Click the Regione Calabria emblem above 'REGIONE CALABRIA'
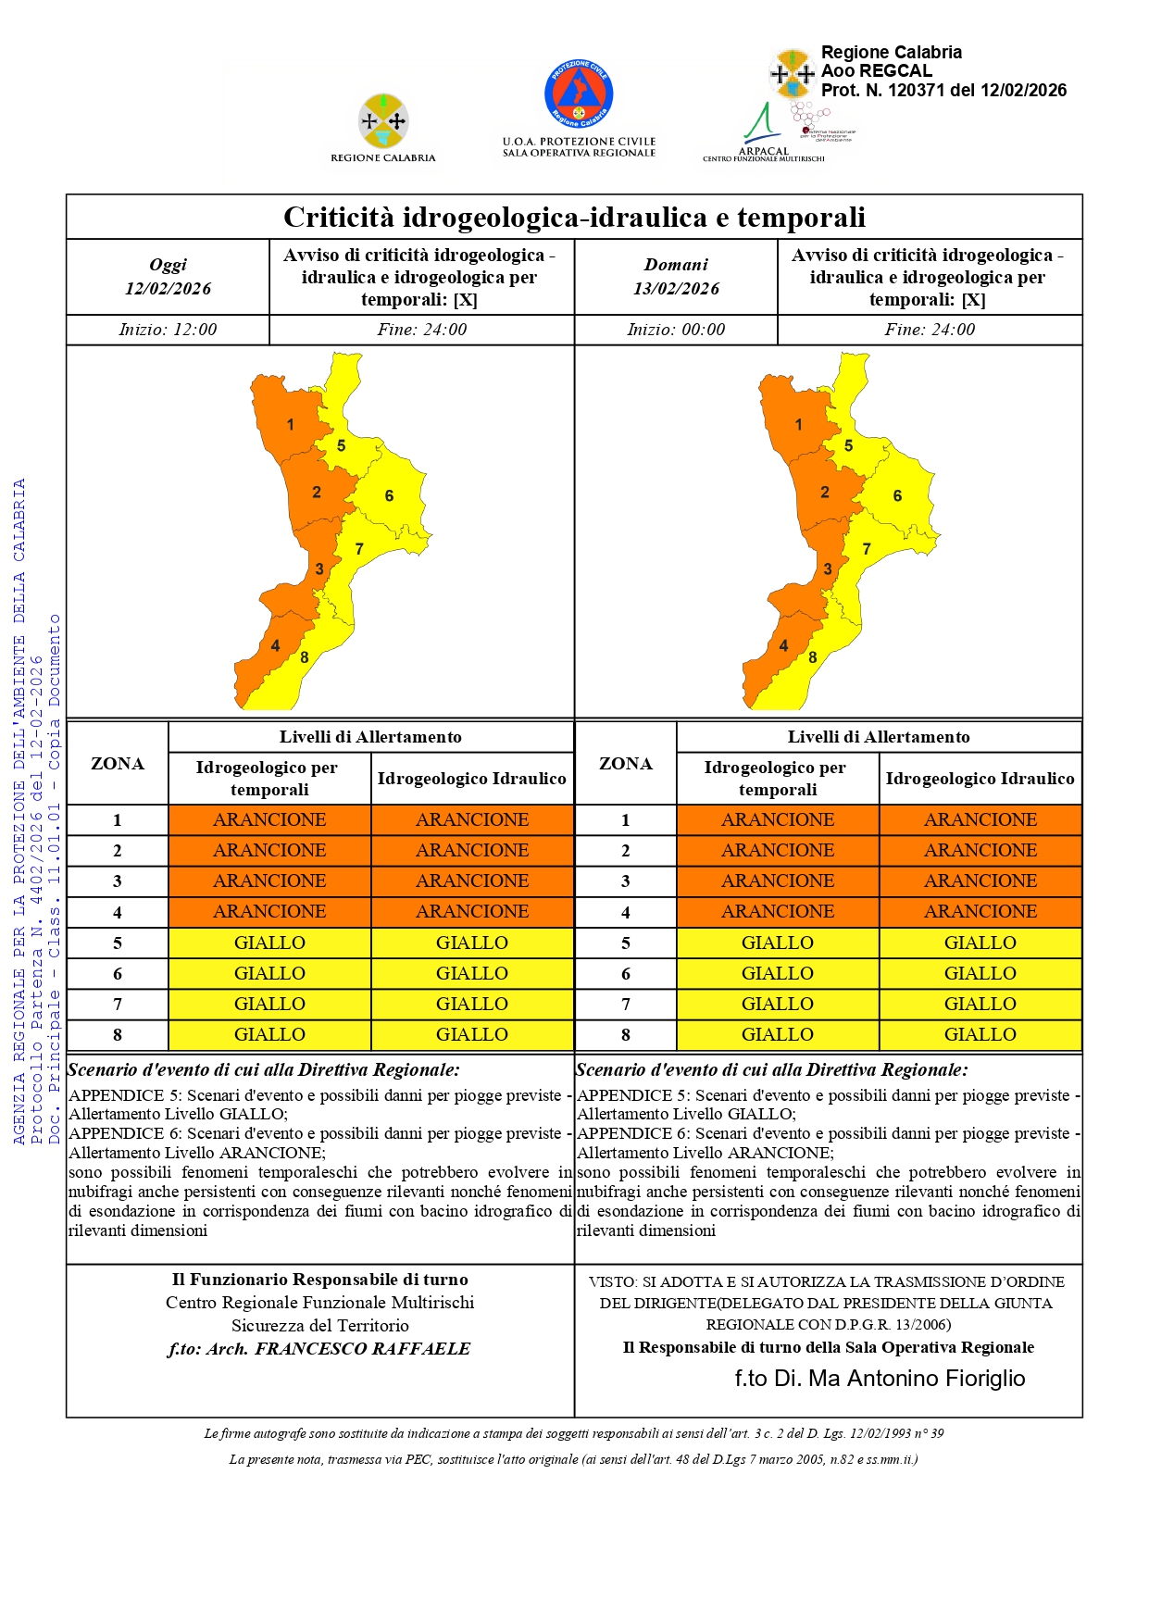[383, 120]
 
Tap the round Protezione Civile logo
[579, 94]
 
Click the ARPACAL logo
[763, 132]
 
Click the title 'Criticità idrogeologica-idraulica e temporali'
[574, 218]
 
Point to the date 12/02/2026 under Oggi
[168, 289]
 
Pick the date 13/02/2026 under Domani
[676, 289]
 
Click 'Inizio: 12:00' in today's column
[168, 330]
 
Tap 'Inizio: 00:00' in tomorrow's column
[676, 330]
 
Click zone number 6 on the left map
[389, 496]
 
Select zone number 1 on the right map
[798, 425]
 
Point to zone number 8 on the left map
[304, 657]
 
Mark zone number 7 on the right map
[867, 549]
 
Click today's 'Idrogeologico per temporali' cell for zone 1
[269, 820]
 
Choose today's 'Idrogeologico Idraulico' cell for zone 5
[472, 943]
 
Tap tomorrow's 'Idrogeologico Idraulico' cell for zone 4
[980, 912]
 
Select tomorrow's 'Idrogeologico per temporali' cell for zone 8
[778, 1035]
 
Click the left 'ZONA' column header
[118, 764]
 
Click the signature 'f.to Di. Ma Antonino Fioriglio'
[880, 1379]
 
